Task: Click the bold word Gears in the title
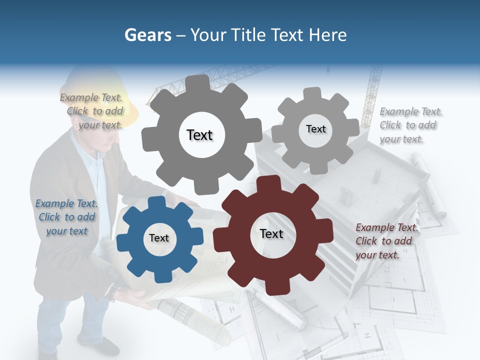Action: pos(148,35)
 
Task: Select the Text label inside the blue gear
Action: pos(159,238)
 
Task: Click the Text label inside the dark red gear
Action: pos(271,234)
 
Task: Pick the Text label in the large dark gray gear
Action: pos(199,135)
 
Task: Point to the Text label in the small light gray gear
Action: pos(316,129)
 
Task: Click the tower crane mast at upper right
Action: pos(372,95)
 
